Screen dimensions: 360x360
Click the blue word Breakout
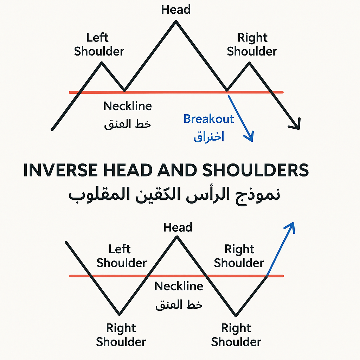pos(208,119)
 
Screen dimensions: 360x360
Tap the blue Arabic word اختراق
pos(209,136)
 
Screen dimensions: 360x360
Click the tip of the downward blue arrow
pos(252,141)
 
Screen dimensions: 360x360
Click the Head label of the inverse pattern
pos(178,227)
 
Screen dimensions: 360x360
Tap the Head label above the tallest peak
pos(176,9)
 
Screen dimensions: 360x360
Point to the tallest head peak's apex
pos(176,22)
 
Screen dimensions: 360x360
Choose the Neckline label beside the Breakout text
pos(128,106)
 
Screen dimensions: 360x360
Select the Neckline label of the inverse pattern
pos(179,286)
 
